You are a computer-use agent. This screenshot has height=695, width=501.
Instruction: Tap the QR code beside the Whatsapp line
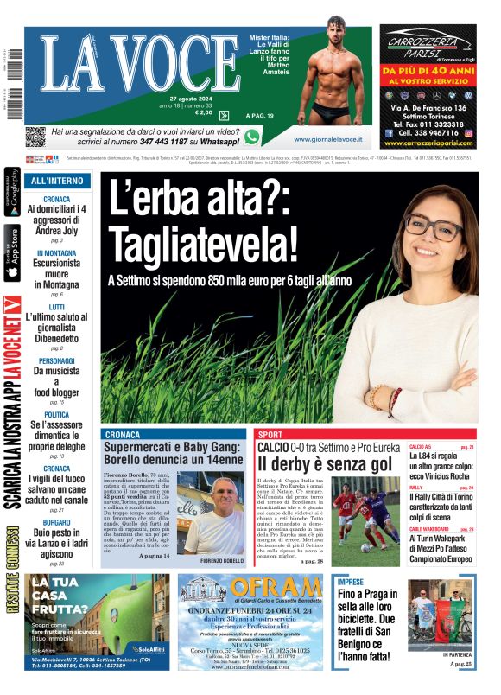[x=35, y=137]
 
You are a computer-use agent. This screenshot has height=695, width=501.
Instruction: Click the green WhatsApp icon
[x=251, y=137]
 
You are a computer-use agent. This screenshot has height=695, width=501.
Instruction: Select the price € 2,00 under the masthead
[x=204, y=112]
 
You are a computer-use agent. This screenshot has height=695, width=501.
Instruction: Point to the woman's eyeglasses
[x=433, y=229]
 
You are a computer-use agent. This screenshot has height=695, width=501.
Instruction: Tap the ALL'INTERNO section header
[x=57, y=182]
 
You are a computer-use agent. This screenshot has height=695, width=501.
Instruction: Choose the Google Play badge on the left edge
[x=12, y=193]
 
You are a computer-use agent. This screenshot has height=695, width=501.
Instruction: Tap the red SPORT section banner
[x=270, y=434]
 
